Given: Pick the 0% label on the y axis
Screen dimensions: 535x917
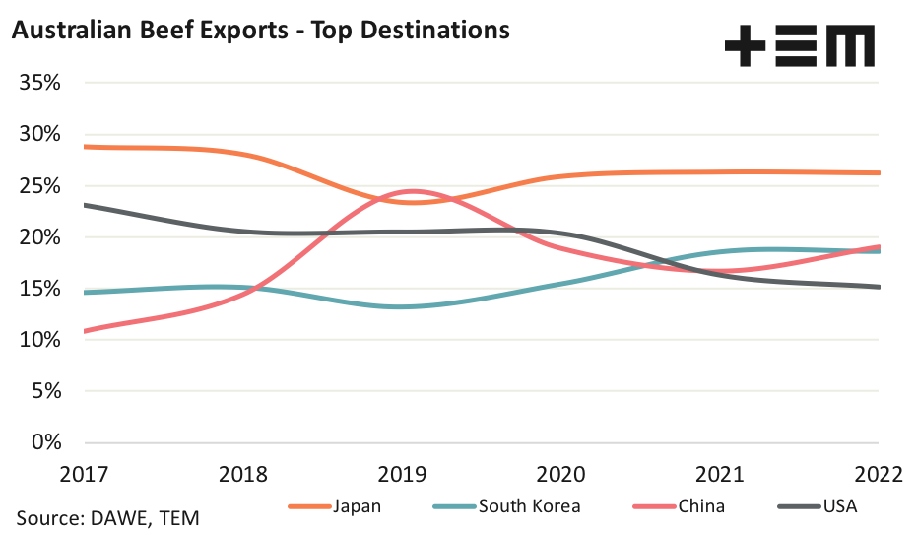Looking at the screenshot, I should tap(46, 441).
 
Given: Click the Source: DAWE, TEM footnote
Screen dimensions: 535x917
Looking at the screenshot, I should tap(113, 517).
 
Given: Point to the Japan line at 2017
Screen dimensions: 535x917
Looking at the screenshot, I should tap(86, 147).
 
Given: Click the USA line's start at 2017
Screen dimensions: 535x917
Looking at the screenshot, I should tap(86, 205).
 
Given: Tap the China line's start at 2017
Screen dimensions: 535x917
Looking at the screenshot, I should tap(86, 331).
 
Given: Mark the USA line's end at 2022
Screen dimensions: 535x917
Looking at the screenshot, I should tap(880, 287).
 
